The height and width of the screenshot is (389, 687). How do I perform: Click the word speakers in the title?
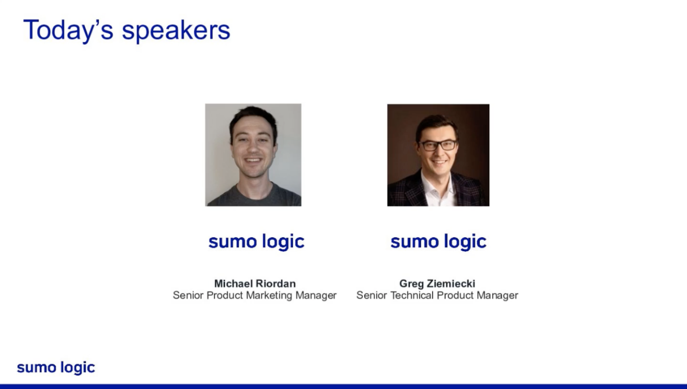(x=176, y=30)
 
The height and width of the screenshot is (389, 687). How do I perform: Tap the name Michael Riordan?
(x=254, y=283)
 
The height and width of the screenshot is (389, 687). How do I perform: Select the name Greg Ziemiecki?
(x=437, y=283)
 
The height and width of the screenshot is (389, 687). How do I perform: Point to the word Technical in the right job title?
(x=412, y=295)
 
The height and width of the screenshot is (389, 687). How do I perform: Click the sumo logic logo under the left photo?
(x=256, y=242)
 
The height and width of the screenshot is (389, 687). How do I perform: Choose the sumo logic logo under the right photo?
(x=438, y=242)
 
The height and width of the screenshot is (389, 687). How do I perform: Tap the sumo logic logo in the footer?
(x=56, y=368)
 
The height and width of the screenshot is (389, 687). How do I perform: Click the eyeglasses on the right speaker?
(x=437, y=145)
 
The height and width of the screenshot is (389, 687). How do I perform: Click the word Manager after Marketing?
(x=316, y=295)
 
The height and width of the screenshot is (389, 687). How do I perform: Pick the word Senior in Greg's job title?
(x=371, y=295)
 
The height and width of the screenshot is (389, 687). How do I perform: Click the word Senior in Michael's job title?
(x=188, y=295)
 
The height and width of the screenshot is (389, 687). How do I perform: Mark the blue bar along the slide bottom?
(x=343, y=386)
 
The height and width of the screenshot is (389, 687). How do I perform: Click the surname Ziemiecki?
(x=451, y=283)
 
